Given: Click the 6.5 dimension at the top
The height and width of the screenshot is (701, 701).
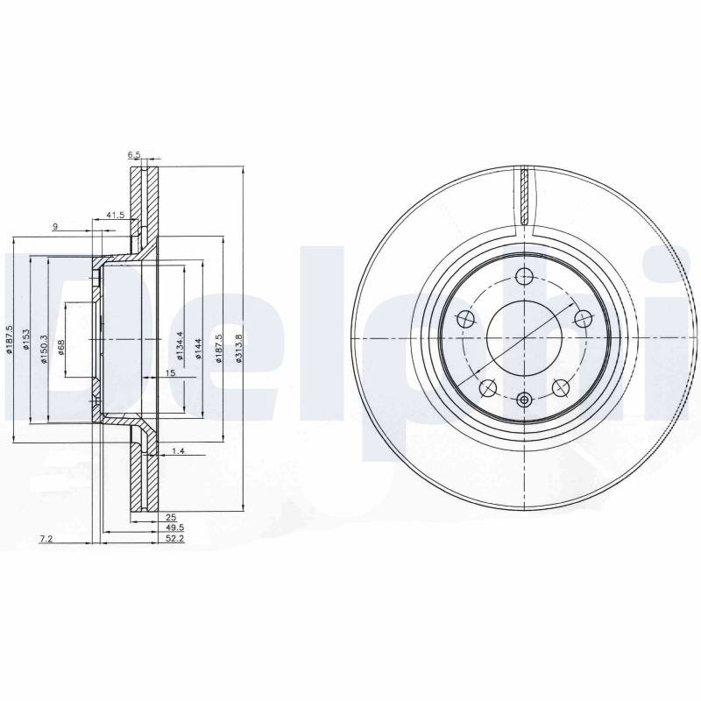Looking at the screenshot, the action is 134,155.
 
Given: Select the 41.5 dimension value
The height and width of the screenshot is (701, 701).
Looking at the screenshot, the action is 116,215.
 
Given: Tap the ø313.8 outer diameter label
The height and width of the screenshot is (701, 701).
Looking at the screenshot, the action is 238,348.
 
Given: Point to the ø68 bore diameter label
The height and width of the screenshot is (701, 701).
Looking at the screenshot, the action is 61,347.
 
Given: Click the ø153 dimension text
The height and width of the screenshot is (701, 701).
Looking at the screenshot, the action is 26,339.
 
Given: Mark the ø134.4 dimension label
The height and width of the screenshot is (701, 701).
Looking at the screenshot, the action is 180,345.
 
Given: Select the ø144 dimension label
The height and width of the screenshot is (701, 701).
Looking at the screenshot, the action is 199,349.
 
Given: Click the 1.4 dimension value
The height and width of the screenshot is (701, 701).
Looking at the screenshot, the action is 178,450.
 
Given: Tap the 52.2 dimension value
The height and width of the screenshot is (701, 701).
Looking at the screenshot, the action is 174,539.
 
